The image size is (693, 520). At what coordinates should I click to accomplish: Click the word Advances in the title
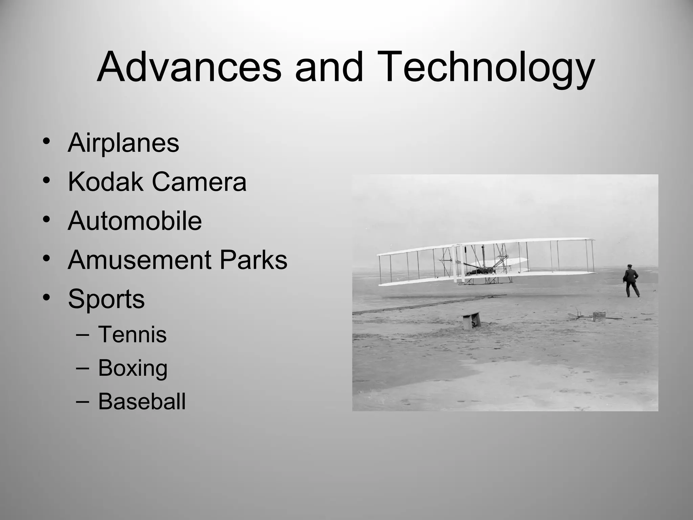point(189,67)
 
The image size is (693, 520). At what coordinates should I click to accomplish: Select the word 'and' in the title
point(329,67)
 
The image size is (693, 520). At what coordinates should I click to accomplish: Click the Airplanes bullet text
point(124,143)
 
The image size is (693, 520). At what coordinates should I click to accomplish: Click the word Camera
point(199,182)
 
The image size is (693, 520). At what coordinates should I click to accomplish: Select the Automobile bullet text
point(135,221)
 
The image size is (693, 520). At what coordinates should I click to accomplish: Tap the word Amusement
point(139,260)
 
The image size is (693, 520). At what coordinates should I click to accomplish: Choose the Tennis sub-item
point(132,334)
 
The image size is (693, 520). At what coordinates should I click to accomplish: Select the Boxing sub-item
point(133,368)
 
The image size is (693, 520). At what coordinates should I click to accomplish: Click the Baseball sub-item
point(142,402)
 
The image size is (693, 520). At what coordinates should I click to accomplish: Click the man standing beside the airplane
point(631,281)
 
